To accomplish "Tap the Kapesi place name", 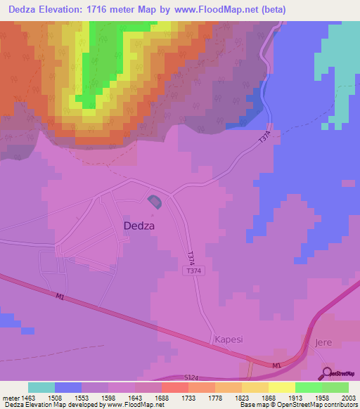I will (229, 339).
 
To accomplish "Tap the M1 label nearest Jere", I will (276, 365).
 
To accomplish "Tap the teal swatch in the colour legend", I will (41, 387).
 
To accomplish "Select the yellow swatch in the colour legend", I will (282, 387).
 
